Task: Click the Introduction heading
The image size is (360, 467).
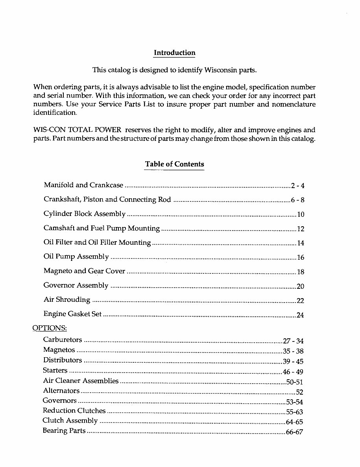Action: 174,53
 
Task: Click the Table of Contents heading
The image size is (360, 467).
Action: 174,164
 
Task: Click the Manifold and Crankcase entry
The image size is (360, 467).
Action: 83,185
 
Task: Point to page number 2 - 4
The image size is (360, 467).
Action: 297,186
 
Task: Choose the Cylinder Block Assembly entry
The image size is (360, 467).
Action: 84,214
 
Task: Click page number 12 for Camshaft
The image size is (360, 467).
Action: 300,229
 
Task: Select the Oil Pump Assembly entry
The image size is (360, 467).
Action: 76,257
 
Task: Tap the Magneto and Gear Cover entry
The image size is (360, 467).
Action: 84,271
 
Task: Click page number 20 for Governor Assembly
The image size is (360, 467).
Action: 300,286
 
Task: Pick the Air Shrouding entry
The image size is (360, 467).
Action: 67,300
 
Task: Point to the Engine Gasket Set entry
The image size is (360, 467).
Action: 72,314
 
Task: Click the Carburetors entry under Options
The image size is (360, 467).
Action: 63,340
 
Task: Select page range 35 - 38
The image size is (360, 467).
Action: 293,351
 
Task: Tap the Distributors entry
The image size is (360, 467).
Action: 63,360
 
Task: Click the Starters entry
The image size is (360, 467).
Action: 55,371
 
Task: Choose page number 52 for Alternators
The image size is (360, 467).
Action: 299,392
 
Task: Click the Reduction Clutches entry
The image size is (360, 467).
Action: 74,411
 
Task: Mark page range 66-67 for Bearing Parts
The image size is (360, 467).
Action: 294,432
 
